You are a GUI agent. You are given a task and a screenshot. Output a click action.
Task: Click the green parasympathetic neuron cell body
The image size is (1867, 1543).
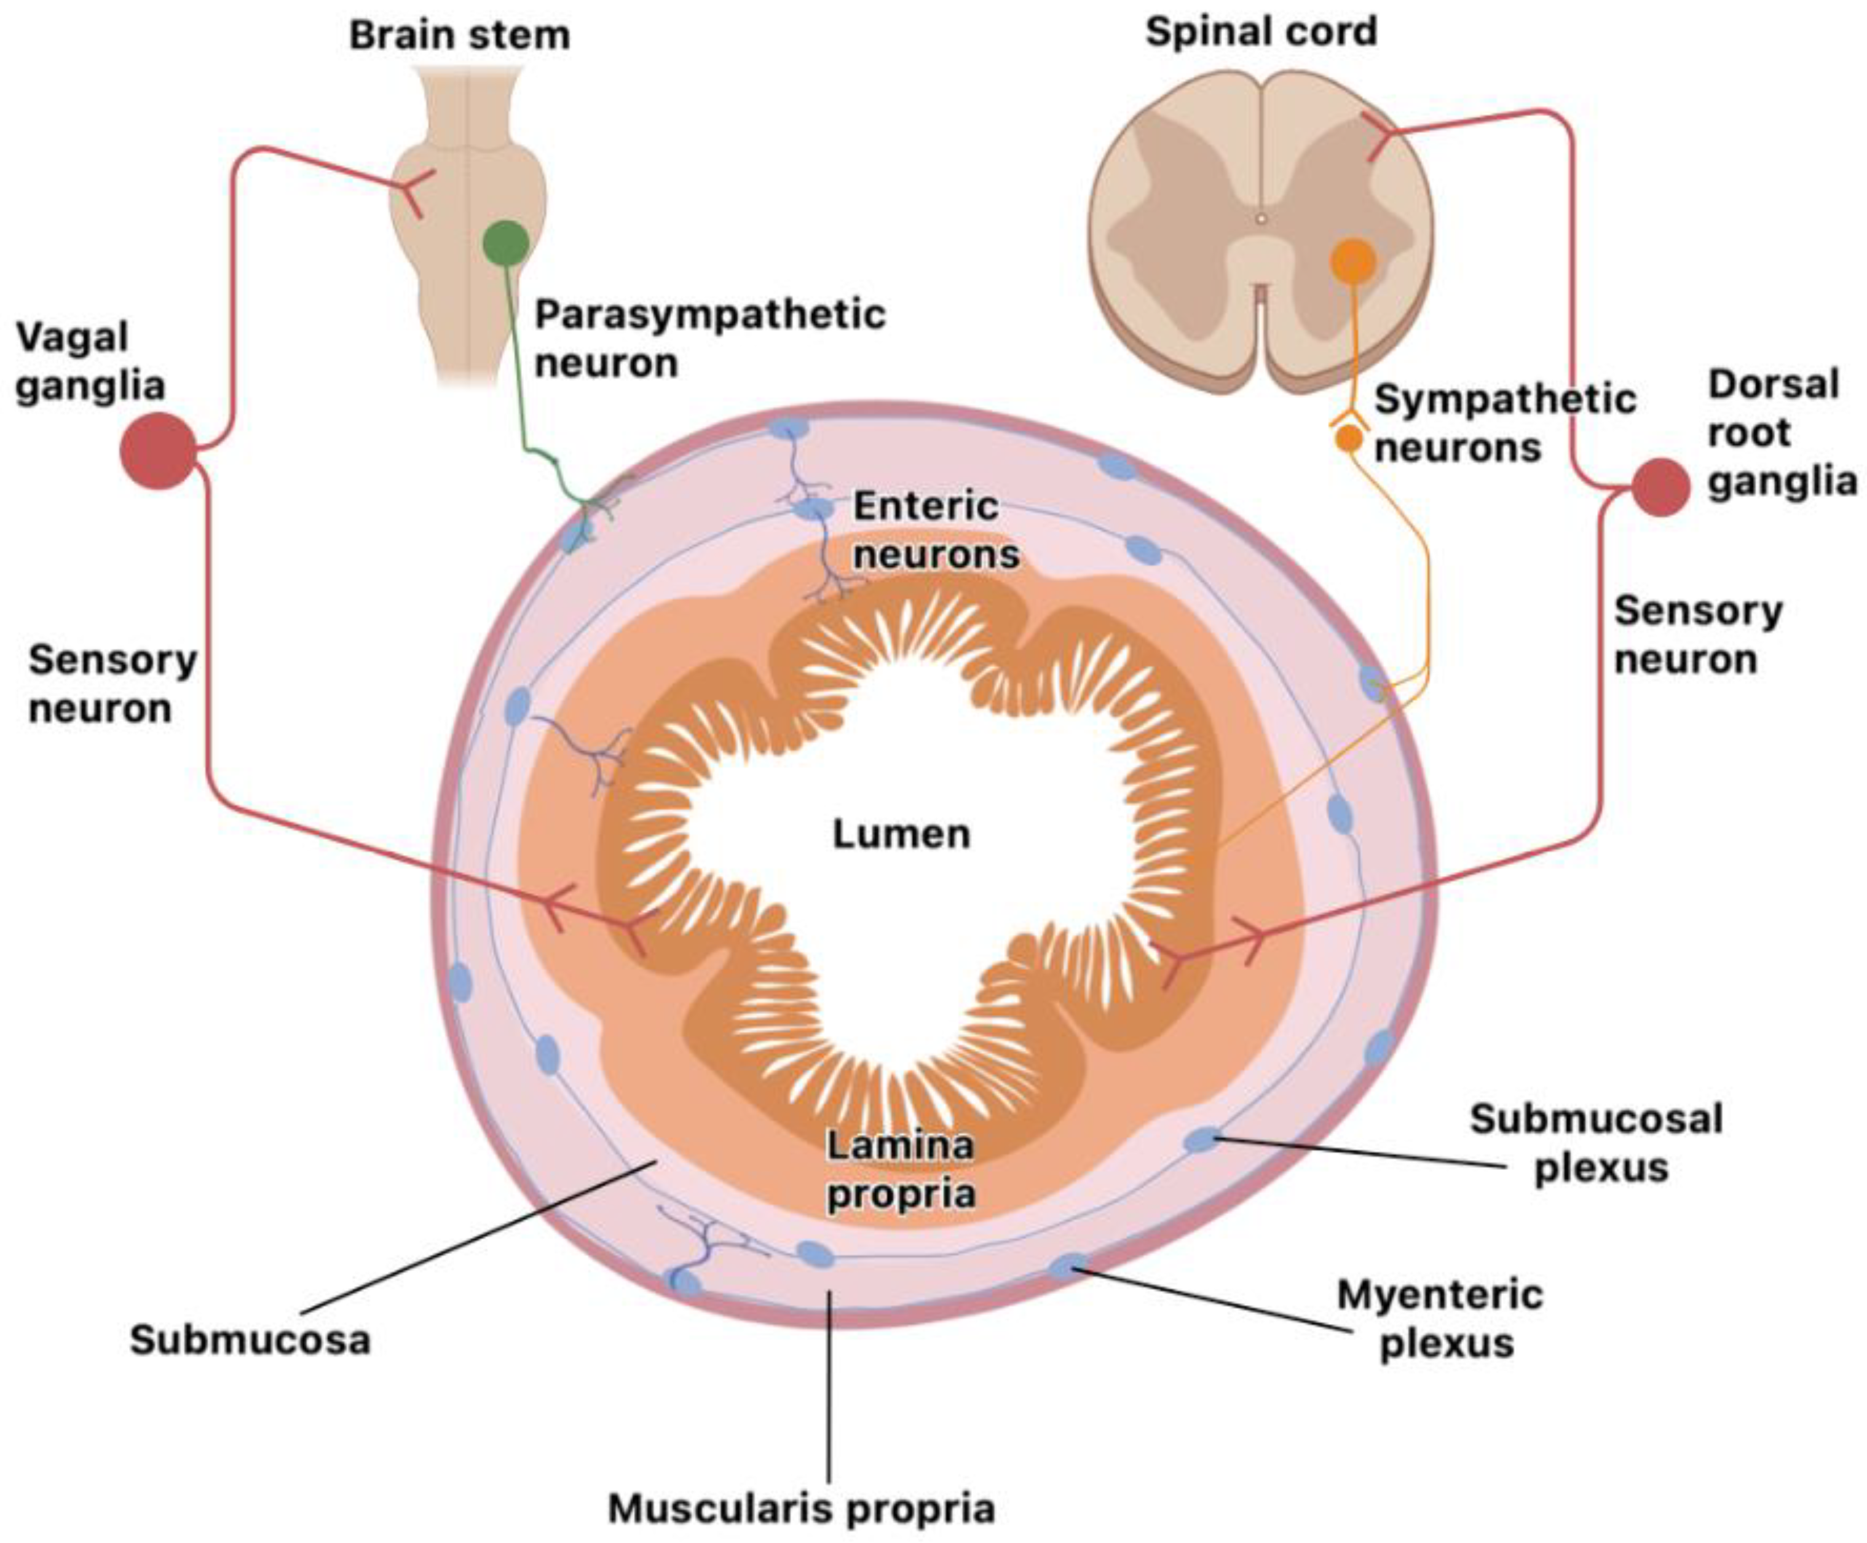tap(505, 242)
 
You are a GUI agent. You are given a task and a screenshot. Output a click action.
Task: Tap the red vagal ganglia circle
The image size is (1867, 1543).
tap(158, 451)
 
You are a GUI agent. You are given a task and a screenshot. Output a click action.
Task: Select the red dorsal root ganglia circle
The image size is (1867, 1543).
tap(1660, 487)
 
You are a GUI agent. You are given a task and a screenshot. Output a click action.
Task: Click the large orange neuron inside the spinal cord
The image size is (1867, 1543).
tap(1352, 262)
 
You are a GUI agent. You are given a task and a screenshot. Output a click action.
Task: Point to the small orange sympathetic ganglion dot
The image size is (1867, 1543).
tap(1348, 437)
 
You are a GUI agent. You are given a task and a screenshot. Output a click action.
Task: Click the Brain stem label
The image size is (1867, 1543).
tap(459, 36)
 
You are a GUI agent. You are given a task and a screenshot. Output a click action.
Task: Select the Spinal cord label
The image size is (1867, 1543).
tap(1261, 33)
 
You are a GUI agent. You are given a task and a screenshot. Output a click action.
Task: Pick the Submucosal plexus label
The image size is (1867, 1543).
tap(1596, 1143)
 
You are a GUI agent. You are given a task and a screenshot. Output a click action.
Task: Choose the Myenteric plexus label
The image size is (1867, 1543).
tap(1440, 1319)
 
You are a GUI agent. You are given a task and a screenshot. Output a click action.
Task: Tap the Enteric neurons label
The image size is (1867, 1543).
tap(936, 531)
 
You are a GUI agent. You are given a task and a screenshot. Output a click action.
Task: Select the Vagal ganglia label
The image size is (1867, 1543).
tap(90, 361)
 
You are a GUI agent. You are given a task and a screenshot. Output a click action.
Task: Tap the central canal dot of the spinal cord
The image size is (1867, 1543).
tap(1260, 217)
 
